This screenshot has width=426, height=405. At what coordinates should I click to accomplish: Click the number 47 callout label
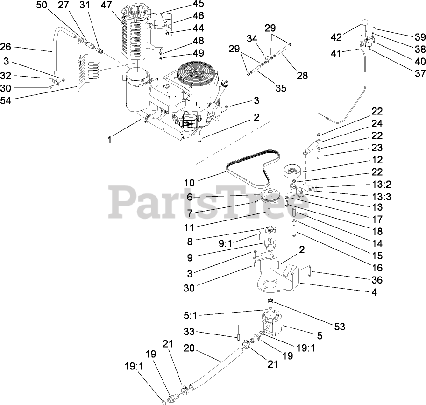click(x=106, y=6)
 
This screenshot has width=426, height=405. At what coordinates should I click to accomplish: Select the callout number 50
click(x=42, y=6)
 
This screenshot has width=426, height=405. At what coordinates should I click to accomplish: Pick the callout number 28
click(x=302, y=75)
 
